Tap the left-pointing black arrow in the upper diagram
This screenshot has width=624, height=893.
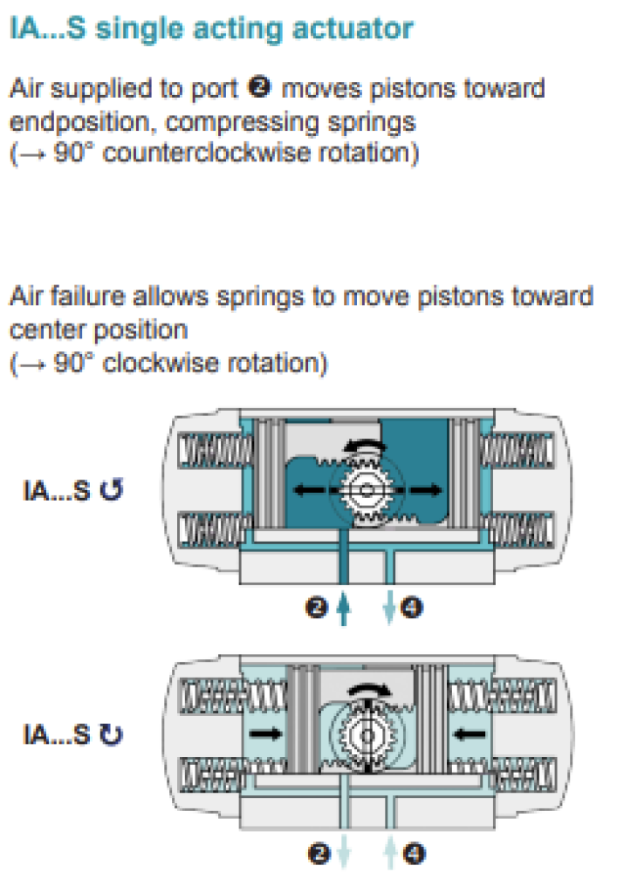309,491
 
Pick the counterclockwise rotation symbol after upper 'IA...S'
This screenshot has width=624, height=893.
111,492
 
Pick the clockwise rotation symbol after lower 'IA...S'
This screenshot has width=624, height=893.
112,735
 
